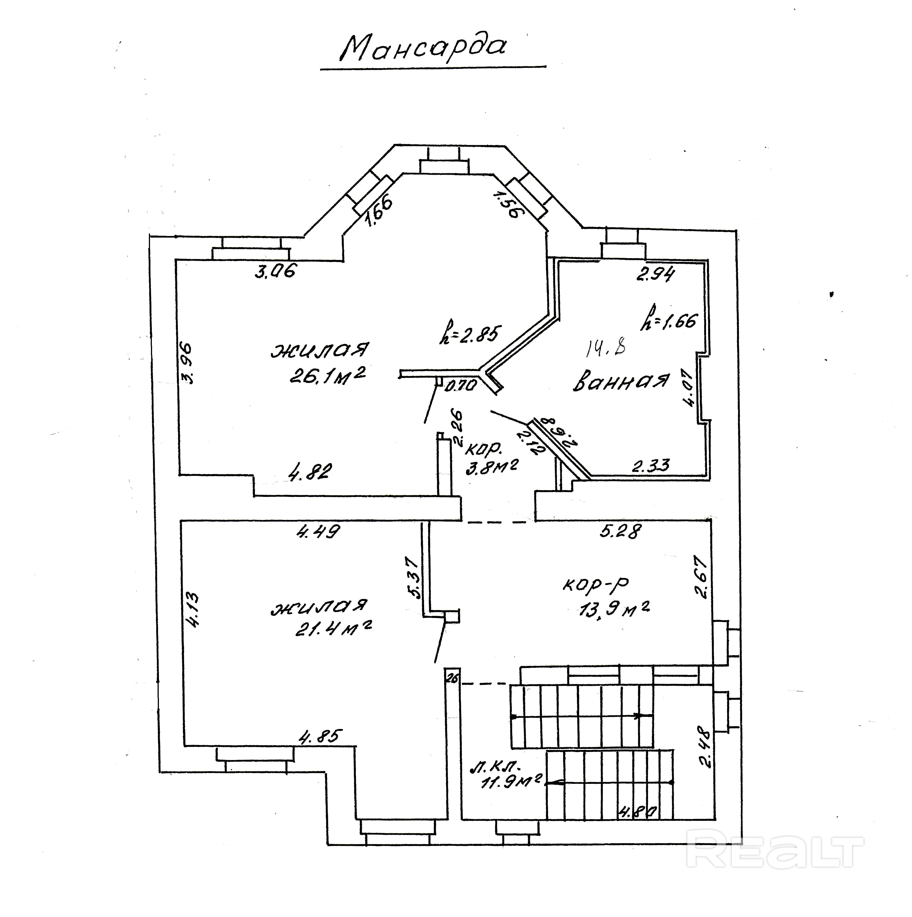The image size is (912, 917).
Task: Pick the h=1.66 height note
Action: click(669, 319)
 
